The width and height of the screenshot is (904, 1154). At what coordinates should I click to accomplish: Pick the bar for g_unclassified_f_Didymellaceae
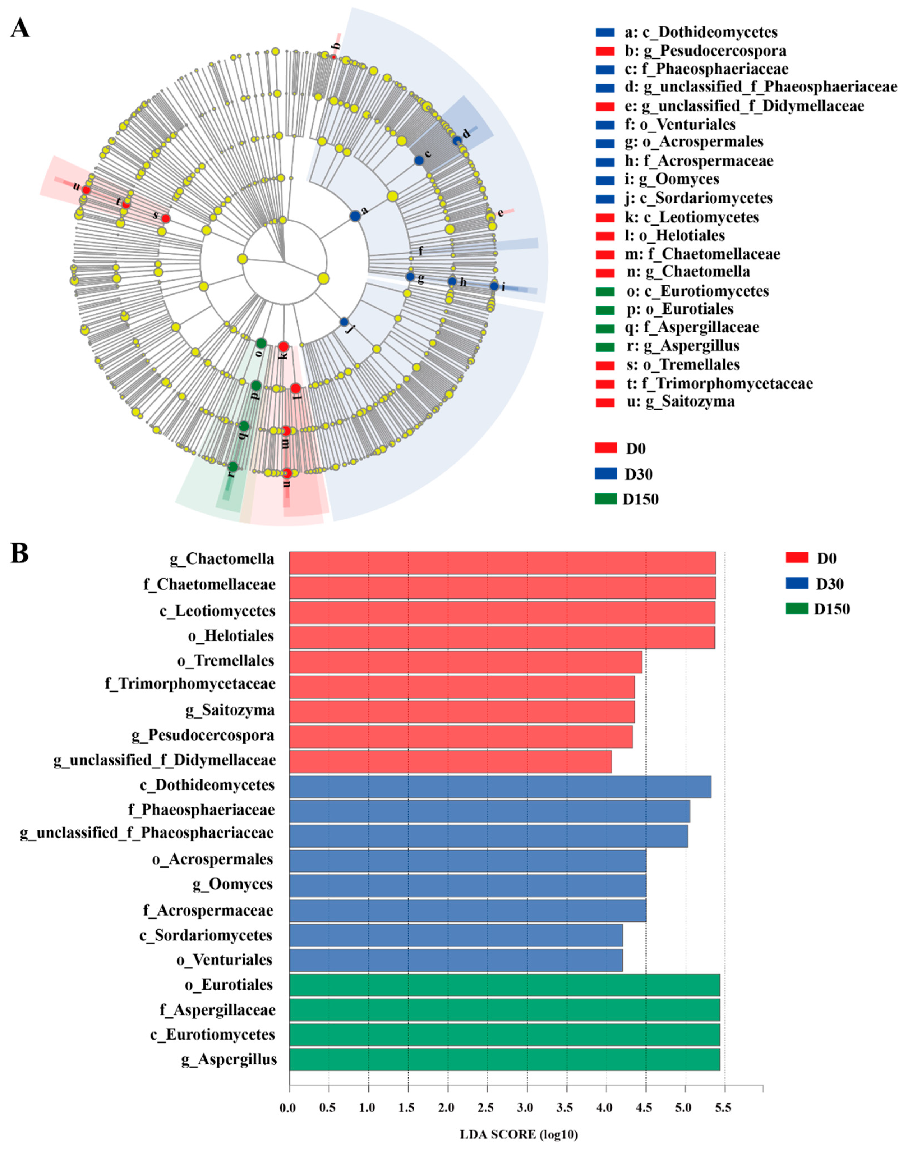tap(450, 761)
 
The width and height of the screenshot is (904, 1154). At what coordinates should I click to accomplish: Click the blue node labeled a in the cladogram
tap(355, 216)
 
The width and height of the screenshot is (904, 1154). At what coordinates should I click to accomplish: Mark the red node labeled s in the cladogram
tap(166, 218)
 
